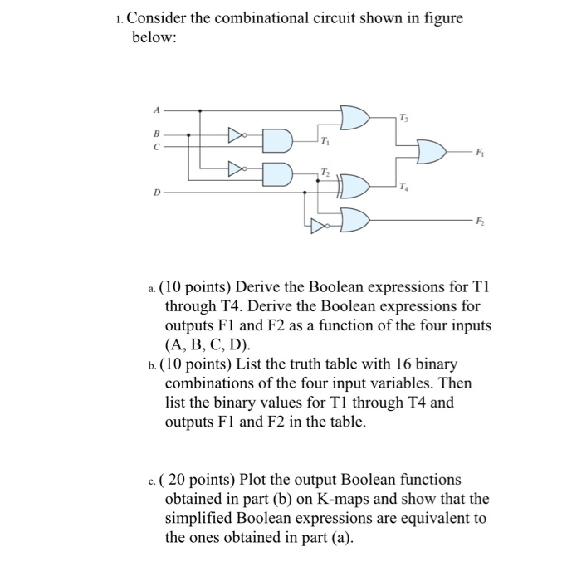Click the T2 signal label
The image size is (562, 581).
pos(323,170)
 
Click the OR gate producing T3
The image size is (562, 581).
pos(354,117)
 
